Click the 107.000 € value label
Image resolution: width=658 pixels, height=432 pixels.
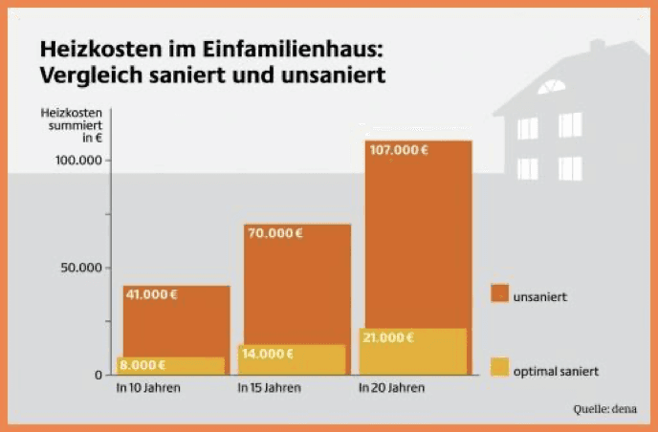[x=400, y=150]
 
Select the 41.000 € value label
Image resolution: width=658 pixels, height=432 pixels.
[x=151, y=294]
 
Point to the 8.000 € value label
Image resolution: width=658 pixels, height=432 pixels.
[x=143, y=364]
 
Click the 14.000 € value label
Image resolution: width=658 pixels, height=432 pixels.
[x=267, y=353]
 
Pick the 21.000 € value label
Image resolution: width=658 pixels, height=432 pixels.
[x=389, y=337]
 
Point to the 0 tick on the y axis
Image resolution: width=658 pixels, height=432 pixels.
[x=98, y=375]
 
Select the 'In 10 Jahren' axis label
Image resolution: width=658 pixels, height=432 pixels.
[x=148, y=389]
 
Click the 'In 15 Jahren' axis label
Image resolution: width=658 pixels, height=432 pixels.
[x=269, y=389]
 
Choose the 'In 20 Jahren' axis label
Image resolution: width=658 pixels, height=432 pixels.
[x=391, y=389]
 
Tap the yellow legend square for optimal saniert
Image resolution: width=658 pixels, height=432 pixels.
[x=499, y=367]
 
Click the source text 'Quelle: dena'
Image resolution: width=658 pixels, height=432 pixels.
[x=605, y=409]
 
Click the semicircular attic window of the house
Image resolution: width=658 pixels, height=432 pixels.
[x=551, y=88]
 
